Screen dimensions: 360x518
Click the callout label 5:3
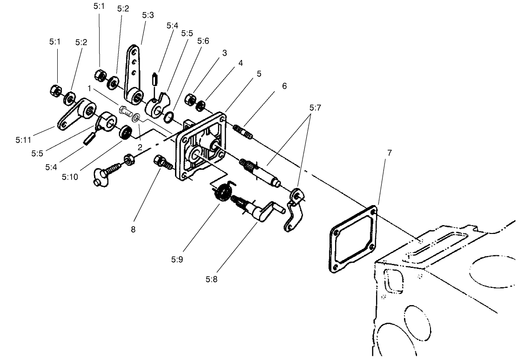point(148,15)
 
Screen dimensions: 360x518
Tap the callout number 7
point(389,153)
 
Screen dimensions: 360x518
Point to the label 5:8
point(211,280)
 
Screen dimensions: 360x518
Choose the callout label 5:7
point(315,107)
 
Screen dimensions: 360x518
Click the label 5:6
point(203,41)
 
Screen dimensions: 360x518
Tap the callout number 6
point(284,86)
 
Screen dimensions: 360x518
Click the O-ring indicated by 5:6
point(170,115)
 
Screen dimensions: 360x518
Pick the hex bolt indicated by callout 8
point(162,162)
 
